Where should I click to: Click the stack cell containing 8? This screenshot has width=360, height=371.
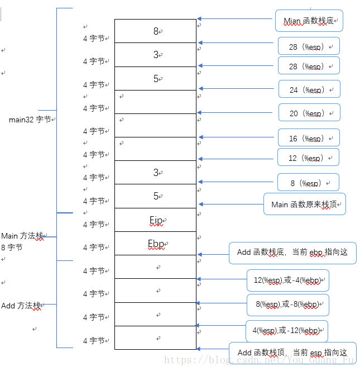[x=156, y=31]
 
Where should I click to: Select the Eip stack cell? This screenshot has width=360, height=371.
[x=156, y=220]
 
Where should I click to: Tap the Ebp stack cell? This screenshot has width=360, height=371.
[x=156, y=244]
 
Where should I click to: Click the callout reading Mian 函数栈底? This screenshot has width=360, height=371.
[x=309, y=21]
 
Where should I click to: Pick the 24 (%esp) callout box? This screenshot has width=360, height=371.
[x=309, y=89]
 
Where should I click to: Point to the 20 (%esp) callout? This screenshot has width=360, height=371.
[x=309, y=113]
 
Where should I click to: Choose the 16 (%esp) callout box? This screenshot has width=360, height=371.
[x=309, y=138]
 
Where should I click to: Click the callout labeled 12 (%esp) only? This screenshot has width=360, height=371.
[x=308, y=158]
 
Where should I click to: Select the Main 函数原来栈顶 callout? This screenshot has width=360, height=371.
[x=305, y=204]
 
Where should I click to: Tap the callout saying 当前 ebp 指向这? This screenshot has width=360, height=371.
[x=292, y=253]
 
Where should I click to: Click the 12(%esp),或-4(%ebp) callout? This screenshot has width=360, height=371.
[x=288, y=280]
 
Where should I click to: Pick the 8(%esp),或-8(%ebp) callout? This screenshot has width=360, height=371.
[x=288, y=305]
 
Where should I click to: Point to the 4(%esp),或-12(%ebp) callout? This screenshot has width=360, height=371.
[x=287, y=330]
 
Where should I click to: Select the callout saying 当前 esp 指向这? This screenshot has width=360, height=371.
[x=292, y=353]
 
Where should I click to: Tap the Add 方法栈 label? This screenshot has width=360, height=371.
[x=21, y=306]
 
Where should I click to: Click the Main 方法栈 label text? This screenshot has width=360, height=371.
[x=22, y=236]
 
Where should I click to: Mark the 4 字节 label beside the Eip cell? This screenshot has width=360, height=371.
[x=94, y=225]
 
